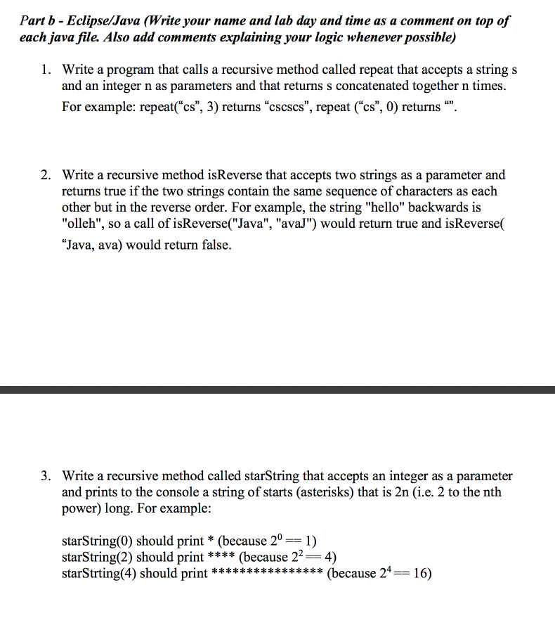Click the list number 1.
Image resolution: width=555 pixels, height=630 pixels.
point(44,70)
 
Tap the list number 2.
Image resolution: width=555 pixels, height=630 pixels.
point(44,175)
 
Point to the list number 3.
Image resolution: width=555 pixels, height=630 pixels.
point(44,477)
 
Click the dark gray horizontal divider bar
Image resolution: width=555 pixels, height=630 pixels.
point(277,390)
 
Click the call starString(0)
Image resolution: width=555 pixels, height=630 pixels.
point(97,541)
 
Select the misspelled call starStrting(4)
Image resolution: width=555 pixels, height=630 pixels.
point(99,573)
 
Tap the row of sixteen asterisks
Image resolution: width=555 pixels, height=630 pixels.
point(267,573)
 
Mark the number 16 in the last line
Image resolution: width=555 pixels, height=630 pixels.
point(422,573)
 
